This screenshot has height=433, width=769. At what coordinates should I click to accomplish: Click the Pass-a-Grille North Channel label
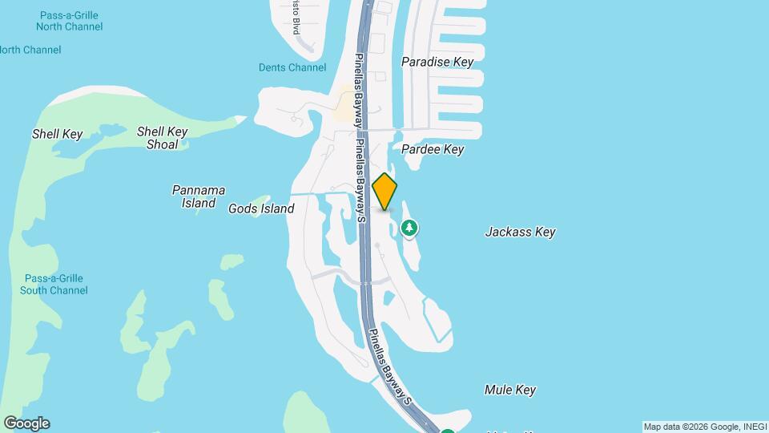click(69, 21)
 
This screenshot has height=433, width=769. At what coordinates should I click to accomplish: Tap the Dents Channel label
click(292, 68)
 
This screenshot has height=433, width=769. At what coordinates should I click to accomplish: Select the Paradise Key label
click(437, 62)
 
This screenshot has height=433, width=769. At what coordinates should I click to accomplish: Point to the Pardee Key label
click(433, 149)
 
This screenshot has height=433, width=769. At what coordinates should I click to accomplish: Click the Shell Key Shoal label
click(163, 138)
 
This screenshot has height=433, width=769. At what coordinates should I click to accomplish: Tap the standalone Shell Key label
click(57, 134)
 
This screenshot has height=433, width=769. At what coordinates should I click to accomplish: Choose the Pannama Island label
click(199, 196)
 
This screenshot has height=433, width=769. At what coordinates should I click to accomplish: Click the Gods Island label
click(261, 208)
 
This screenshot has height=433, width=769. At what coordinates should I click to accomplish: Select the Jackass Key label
click(520, 232)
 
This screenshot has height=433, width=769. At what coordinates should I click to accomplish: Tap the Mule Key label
click(510, 390)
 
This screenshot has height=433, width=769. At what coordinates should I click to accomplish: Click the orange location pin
click(385, 191)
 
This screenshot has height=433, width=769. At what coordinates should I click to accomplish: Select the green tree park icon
click(409, 229)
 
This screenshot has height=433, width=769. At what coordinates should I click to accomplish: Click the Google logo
click(26, 423)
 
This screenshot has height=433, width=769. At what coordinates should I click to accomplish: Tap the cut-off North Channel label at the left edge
click(30, 50)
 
